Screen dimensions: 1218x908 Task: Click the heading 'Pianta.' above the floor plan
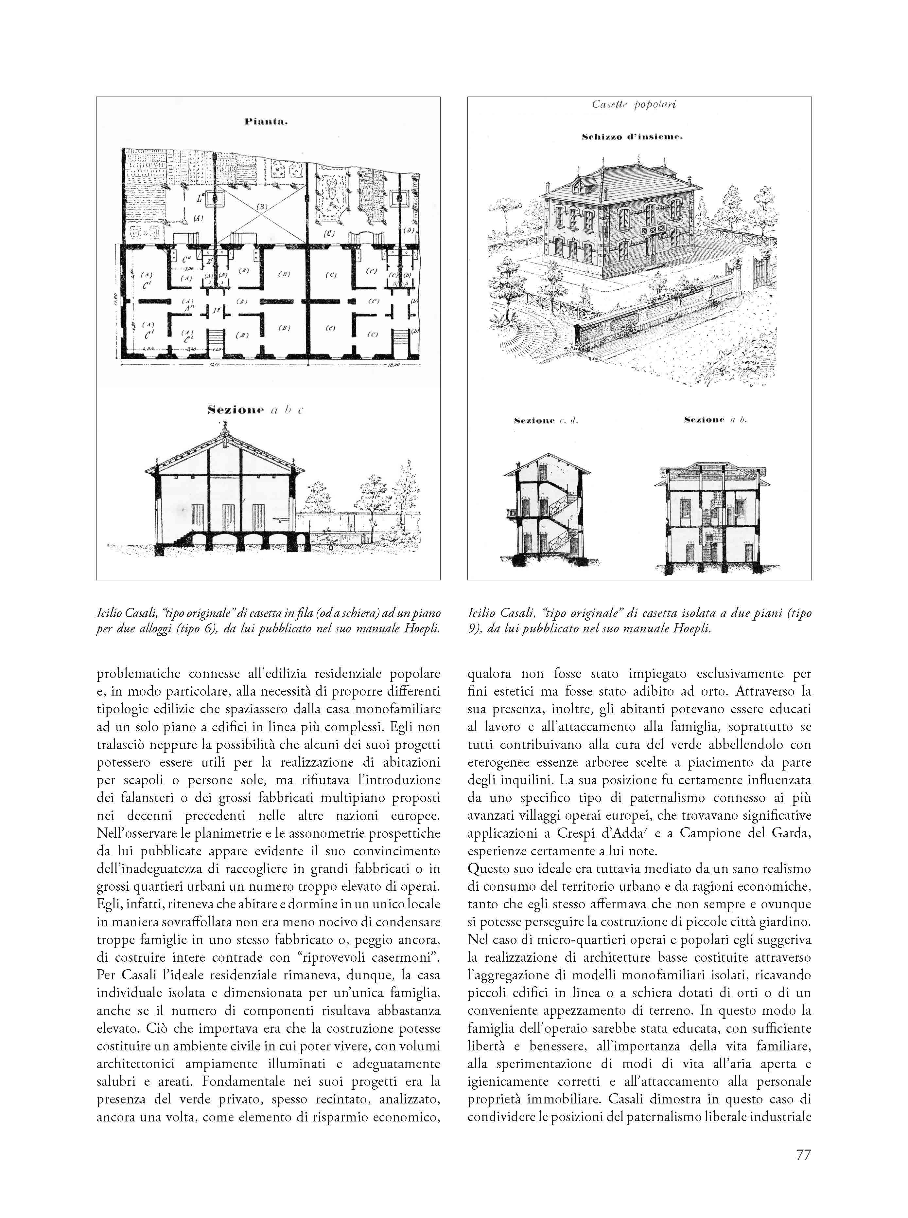pos(267,122)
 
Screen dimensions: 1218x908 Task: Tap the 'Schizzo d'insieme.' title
pos(632,137)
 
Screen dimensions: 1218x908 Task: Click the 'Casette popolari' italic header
pos(634,104)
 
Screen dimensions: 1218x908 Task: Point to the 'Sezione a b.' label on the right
pos(715,420)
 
